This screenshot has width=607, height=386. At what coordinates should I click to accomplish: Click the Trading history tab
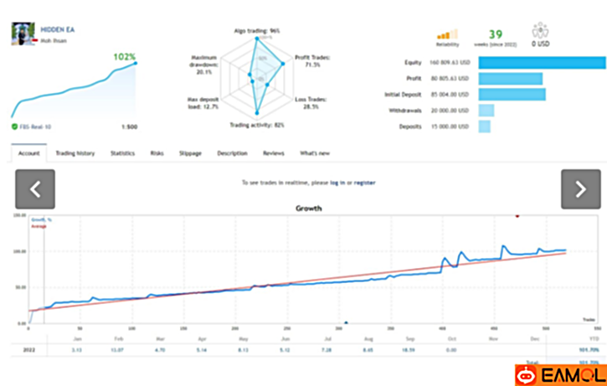point(75,154)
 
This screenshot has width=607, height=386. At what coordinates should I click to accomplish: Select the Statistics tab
point(122,154)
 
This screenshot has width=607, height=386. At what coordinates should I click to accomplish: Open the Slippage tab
point(190,154)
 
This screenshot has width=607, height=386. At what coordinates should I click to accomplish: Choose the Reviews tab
point(274,154)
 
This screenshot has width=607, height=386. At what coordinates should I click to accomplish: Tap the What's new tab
point(315,154)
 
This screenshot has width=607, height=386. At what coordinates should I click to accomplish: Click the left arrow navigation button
point(35,189)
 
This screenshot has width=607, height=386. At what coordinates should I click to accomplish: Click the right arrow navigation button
point(580,189)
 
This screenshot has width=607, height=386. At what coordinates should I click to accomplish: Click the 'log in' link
point(337,182)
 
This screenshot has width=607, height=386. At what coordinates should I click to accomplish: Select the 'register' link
point(364,182)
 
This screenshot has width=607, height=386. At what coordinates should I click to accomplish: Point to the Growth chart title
point(310,208)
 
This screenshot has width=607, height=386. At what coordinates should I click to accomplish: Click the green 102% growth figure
point(124,57)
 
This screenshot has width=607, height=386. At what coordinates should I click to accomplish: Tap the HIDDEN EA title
point(54,28)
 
